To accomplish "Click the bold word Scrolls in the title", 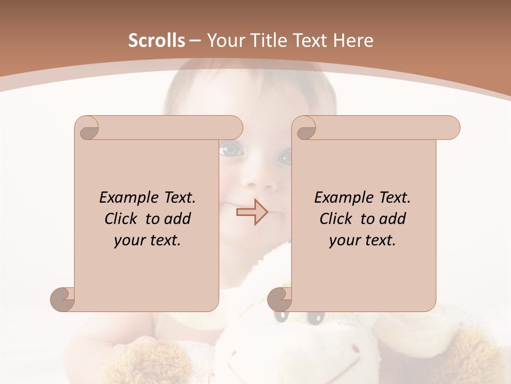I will click(x=157, y=40).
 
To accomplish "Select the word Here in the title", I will click(x=353, y=40).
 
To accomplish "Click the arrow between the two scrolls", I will click(x=252, y=212).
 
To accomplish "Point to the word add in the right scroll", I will click(x=393, y=219).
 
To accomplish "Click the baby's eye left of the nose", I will click(x=230, y=150).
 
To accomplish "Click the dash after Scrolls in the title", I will click(x=195, y=41).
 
